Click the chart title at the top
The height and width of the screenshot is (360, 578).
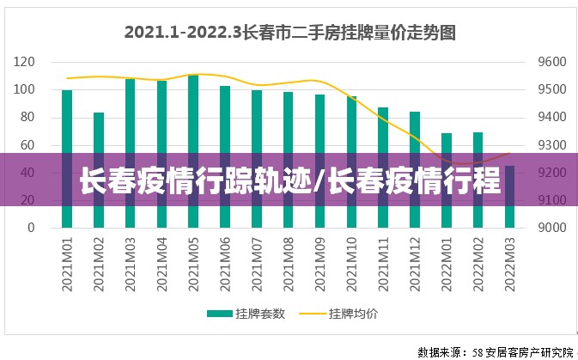(289, 33)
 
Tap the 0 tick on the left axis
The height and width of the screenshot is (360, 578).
(31, 229)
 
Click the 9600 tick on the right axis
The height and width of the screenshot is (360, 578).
(552, 62)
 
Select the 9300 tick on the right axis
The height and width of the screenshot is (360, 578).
(552, 145)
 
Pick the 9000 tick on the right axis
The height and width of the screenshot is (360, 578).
(552, 229)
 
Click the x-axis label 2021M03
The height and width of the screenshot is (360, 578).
(131, 263)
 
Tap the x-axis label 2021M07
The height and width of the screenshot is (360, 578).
(257, 263)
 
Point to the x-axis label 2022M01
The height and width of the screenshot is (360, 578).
(447, 263)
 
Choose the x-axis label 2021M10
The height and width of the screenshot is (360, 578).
(352, 263)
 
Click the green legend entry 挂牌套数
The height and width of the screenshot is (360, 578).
(249, 314)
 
